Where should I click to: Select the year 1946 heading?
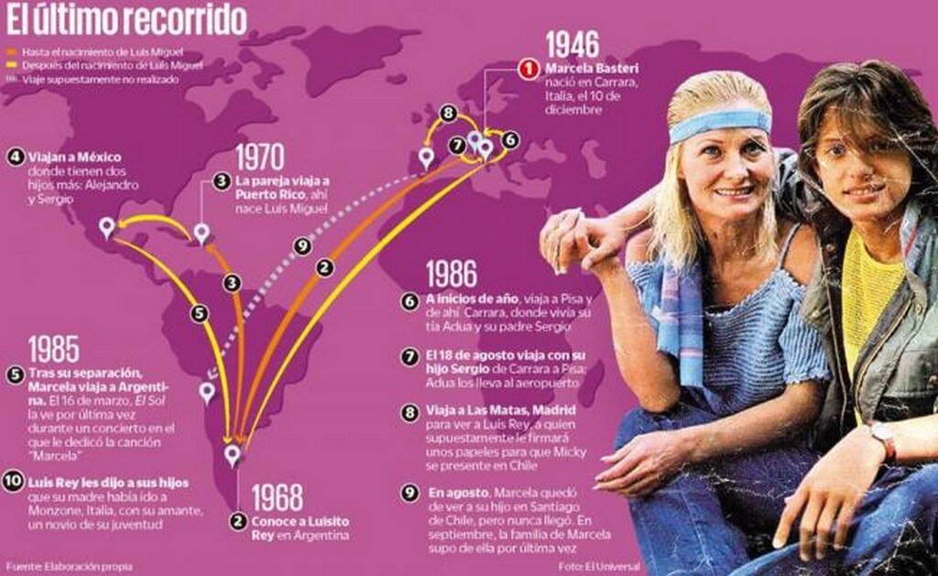click(572, 45)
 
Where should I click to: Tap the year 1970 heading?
click(260, 157)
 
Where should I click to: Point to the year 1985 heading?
click(53, 349)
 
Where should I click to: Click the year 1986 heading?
click(452, 274)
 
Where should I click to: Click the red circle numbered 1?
click(529, 69)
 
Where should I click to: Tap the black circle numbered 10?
click(13, 483)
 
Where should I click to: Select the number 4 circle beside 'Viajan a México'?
click(13, 156)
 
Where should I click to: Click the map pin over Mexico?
click(107, 227)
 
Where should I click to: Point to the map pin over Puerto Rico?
click(202, 233)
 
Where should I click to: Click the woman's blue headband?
click(719, 124)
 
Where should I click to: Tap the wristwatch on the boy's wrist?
click(884, 440)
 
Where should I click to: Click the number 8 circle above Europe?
click(447, 114)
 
